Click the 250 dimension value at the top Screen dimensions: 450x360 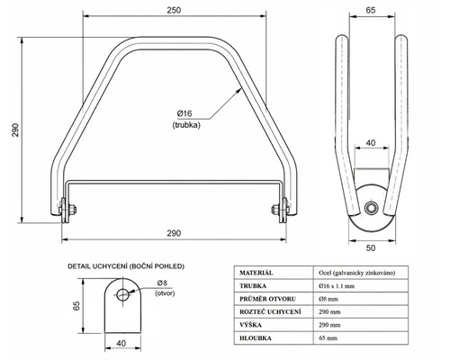174,10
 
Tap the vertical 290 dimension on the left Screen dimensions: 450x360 15,130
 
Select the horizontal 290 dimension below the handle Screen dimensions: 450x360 174,233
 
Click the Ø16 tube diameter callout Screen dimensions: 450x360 184,113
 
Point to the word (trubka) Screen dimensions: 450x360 186,125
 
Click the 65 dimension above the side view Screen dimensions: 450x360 371,10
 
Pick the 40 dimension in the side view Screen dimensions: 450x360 371,143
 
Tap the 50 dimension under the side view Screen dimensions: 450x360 371,248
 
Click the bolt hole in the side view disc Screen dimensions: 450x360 371,208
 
